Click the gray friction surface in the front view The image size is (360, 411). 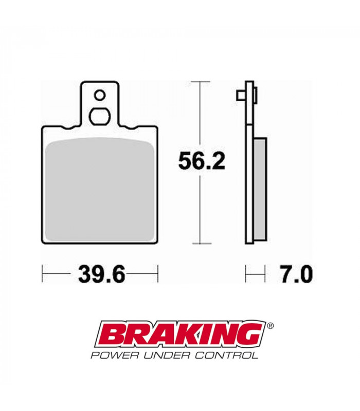(x=100, y=190)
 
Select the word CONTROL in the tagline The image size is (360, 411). (x=229, y=355)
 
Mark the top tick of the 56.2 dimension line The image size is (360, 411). (x=200, y=81)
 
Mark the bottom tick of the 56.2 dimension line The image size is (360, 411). (x=200, y=243)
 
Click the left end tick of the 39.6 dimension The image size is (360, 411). (x=43, y=274)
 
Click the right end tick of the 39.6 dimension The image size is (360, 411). (x=158, y=274)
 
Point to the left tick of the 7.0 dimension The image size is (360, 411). (x=247, y=274)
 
